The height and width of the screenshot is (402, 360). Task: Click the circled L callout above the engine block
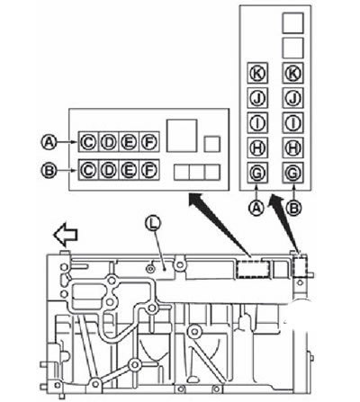click(x=153, y=224)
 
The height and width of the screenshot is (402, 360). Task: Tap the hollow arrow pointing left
click(x=66, y=235)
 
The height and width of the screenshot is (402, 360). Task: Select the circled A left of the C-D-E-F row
click(x=49, y=142)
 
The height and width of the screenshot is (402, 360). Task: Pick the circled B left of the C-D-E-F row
click(x=49, y=171)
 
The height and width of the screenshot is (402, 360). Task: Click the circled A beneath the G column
click(x=256, y=208)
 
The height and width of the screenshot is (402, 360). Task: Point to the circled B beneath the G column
click(x=293, y=208)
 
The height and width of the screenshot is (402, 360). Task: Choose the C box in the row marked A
click(x=88, y=142)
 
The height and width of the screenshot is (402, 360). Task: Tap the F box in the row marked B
click(x=149, y=170)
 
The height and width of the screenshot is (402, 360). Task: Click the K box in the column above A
click(x=257, y=73)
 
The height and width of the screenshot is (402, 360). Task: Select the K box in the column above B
click(x=292, y=73)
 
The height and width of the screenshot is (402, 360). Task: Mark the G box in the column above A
click(x=257, y=173)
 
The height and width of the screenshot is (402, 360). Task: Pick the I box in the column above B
click(x=292, y=122)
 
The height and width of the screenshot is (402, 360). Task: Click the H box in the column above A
click(x=257, y=147)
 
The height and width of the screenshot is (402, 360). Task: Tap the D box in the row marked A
click(x=109, y=142)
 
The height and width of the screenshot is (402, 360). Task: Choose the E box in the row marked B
click(x=129, y=170)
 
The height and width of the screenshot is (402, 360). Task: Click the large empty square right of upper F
click(x=182, y=136)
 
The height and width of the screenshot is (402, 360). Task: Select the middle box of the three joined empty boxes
click(x=197, y=173)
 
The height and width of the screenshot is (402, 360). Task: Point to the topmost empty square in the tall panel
click(x=292, y=22)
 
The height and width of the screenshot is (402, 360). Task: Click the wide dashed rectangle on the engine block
click(x=252, y=268)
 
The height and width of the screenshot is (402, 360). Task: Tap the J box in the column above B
click(x=292, y=98)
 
